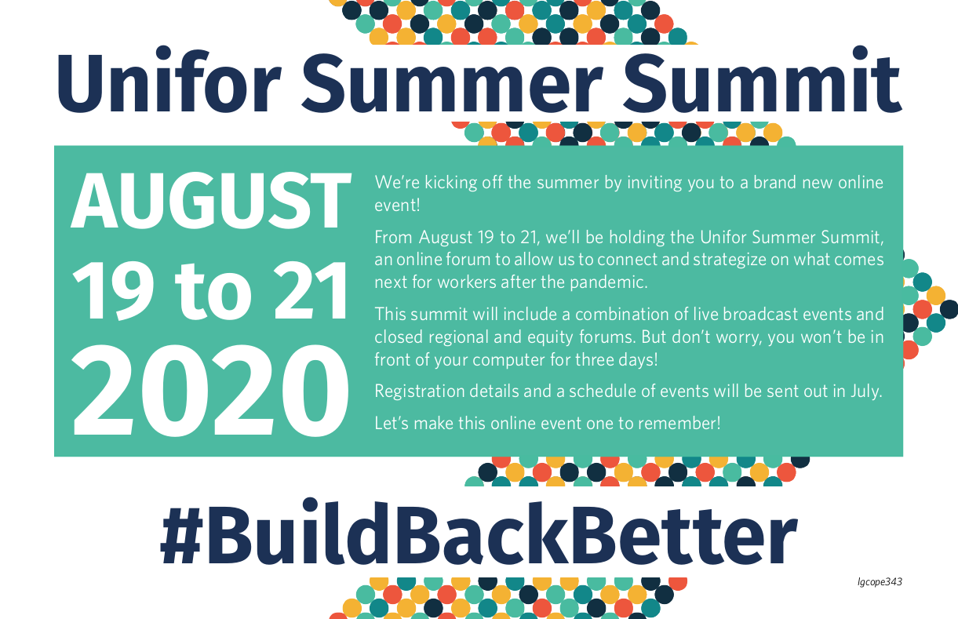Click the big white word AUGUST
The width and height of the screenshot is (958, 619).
pos(211,201)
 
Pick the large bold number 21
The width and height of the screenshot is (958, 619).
pos(310,291)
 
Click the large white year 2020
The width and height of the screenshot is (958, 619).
pos(209,391)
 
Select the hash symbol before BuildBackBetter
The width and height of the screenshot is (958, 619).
pos(181,537)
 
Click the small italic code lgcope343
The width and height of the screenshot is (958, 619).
pos(880,582)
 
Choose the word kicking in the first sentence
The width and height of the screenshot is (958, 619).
pos(451,183)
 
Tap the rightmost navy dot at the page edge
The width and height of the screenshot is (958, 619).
pos(949,309)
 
